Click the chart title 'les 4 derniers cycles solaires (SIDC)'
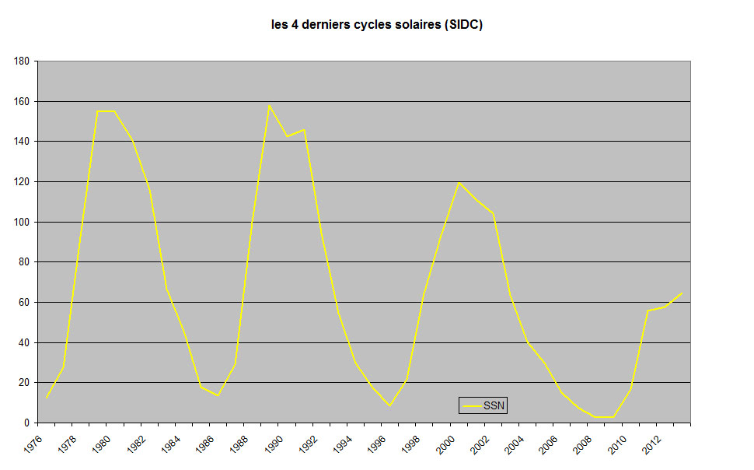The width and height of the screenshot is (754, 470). tap(377, 25)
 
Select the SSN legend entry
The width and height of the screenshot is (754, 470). tap(483, 405)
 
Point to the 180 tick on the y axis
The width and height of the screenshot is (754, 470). tap(22, 61)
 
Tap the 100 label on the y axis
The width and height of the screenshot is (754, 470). tap(22, 222)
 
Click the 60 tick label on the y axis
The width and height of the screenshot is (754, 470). tap(24, 302)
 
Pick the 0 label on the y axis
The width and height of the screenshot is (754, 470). tap(26, 423)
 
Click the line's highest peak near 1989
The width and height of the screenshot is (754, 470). tap(269, 106)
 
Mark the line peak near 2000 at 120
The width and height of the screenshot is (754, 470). tap(459, 182)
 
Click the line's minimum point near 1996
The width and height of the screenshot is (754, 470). tap(389, 405)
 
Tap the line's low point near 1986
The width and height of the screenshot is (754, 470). tap(218, 395)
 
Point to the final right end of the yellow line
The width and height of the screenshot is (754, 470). tap(682, 293)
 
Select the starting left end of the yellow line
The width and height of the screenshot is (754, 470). tap(47, 398)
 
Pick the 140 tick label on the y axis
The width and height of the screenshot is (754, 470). tap(22, 141)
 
